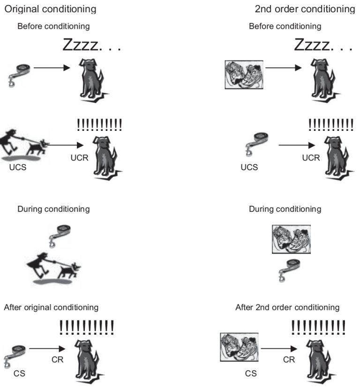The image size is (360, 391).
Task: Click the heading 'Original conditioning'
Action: tap(50, 9)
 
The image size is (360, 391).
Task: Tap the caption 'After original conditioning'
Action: tap(51, 308)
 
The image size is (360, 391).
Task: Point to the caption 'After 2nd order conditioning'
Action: tap(287, 308)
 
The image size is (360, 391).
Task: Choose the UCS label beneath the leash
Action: tap(249, 167)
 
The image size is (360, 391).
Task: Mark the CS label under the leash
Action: tap(19, 374)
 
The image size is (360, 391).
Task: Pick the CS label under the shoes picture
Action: tap(251, 374)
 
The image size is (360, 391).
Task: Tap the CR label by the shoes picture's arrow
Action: tap(289, 360)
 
